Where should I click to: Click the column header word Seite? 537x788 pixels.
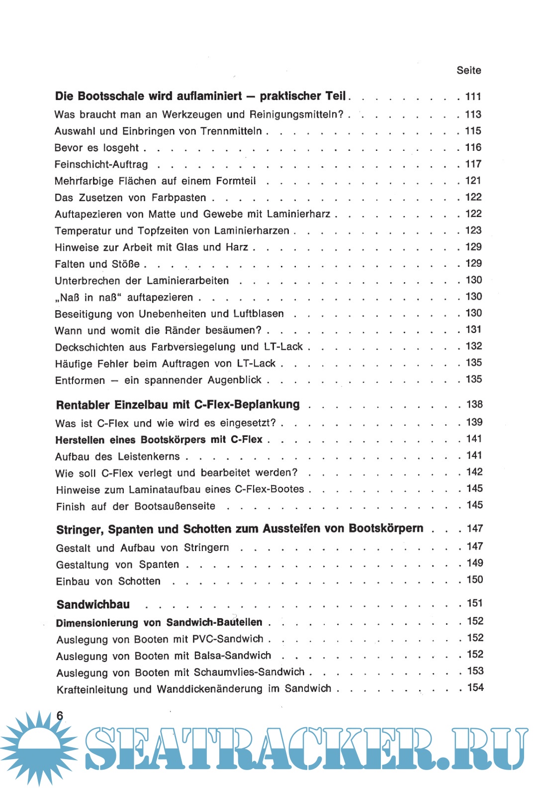(x=468, y=70)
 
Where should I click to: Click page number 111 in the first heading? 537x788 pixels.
(x=473, y=97)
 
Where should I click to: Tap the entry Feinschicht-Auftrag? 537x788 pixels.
(x=101, y=164)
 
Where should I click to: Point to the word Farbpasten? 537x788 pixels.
(x=179, y=198)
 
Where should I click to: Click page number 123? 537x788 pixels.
(x=473, y=230)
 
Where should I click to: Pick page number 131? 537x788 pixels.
(x=473, y=330)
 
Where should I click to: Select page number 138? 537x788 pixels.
(x=474, y=404)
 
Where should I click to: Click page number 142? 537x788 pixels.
(x=474, y=472)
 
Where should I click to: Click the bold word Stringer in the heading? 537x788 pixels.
(x=80, y=530)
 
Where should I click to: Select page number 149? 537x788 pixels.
(x=475, y=563)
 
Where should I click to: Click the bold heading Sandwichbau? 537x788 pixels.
(x=93, y=604)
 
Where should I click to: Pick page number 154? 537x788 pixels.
(x=475, y=687)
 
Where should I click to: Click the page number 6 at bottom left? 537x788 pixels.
(x=60, y=715)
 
